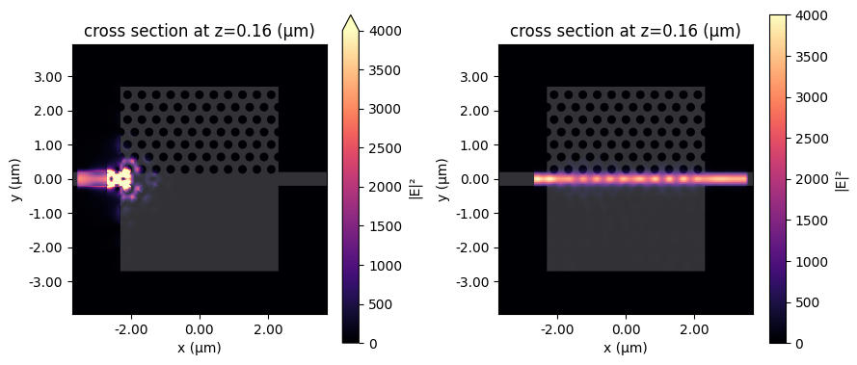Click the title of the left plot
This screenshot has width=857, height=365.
tap(200, 31)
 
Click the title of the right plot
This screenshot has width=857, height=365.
tap(625, 31)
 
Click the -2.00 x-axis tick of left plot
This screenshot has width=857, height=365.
tap(131, 330)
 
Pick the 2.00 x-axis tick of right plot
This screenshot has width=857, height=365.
tap(694, 330)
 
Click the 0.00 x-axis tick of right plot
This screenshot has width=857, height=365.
tap(626, 330)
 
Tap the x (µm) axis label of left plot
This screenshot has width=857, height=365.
tap(200, 348)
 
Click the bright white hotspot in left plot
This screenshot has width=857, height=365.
tap(118, 178)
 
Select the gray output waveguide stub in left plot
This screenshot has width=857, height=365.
tap(302, 179)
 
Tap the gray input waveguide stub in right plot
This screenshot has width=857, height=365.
tap(516, 179)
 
